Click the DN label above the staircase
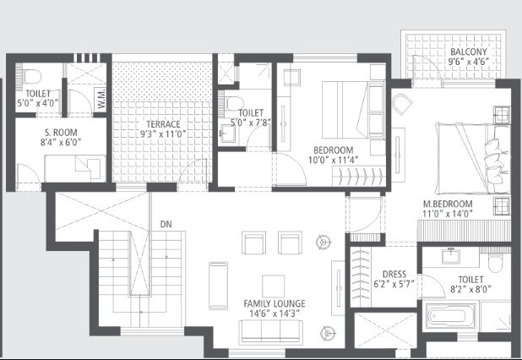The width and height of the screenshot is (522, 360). (166, 225)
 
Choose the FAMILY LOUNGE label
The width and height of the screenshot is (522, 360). (275, 303)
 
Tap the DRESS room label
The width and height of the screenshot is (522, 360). (395, 274)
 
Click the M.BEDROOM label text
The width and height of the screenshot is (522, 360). (449, 205)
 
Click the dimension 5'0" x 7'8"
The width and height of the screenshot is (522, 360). (250, 123)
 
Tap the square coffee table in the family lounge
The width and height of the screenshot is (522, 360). (273, 285)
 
